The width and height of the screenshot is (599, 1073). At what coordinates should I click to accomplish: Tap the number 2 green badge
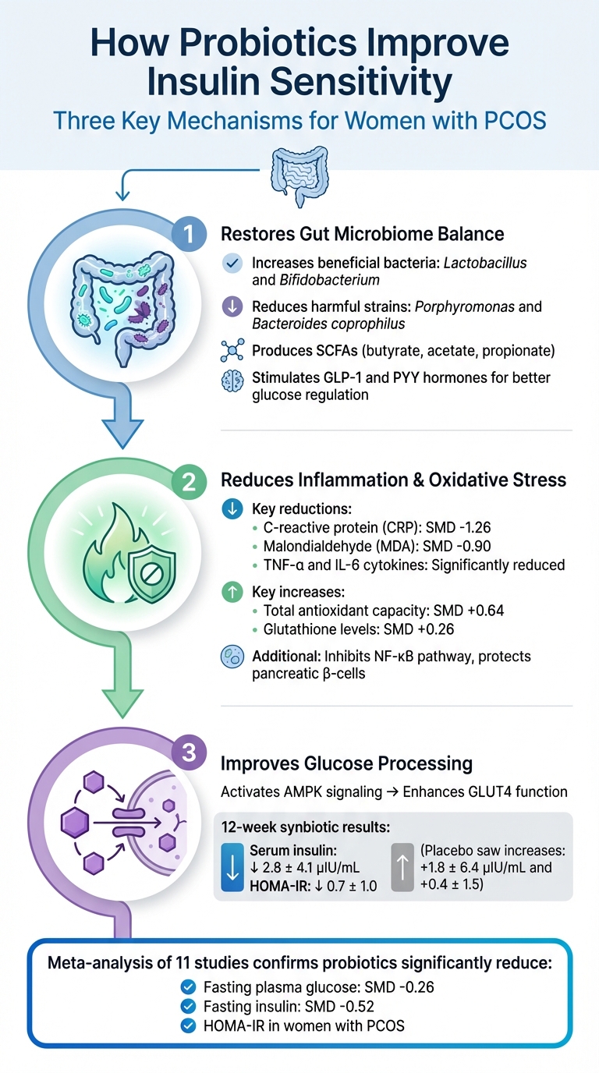coord(188,481)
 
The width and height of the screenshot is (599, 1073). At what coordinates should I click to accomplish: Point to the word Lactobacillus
coord(484,263)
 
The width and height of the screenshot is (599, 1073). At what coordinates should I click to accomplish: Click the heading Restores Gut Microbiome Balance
coord(363,234)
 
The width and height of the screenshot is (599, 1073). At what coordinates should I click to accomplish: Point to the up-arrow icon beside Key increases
coord(232,592)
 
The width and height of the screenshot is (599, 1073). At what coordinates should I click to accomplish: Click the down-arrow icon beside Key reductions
coord(232,509)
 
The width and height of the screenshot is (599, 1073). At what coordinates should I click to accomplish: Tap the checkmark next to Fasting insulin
coord(187,1006)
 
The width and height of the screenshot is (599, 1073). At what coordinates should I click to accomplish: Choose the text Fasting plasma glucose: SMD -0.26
coord(318,986)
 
